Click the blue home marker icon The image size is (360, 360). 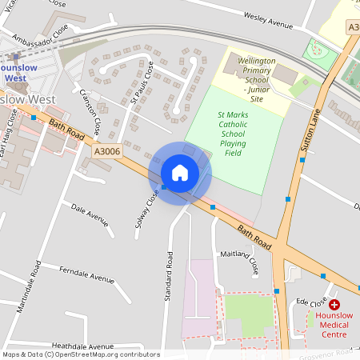[180, 173]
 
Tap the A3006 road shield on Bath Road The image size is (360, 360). [107, 151]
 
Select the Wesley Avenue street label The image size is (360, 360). [270, 22]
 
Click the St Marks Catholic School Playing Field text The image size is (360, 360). [233, 134]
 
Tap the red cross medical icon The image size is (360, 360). [334, 305]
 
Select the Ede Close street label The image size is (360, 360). [311, 302]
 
